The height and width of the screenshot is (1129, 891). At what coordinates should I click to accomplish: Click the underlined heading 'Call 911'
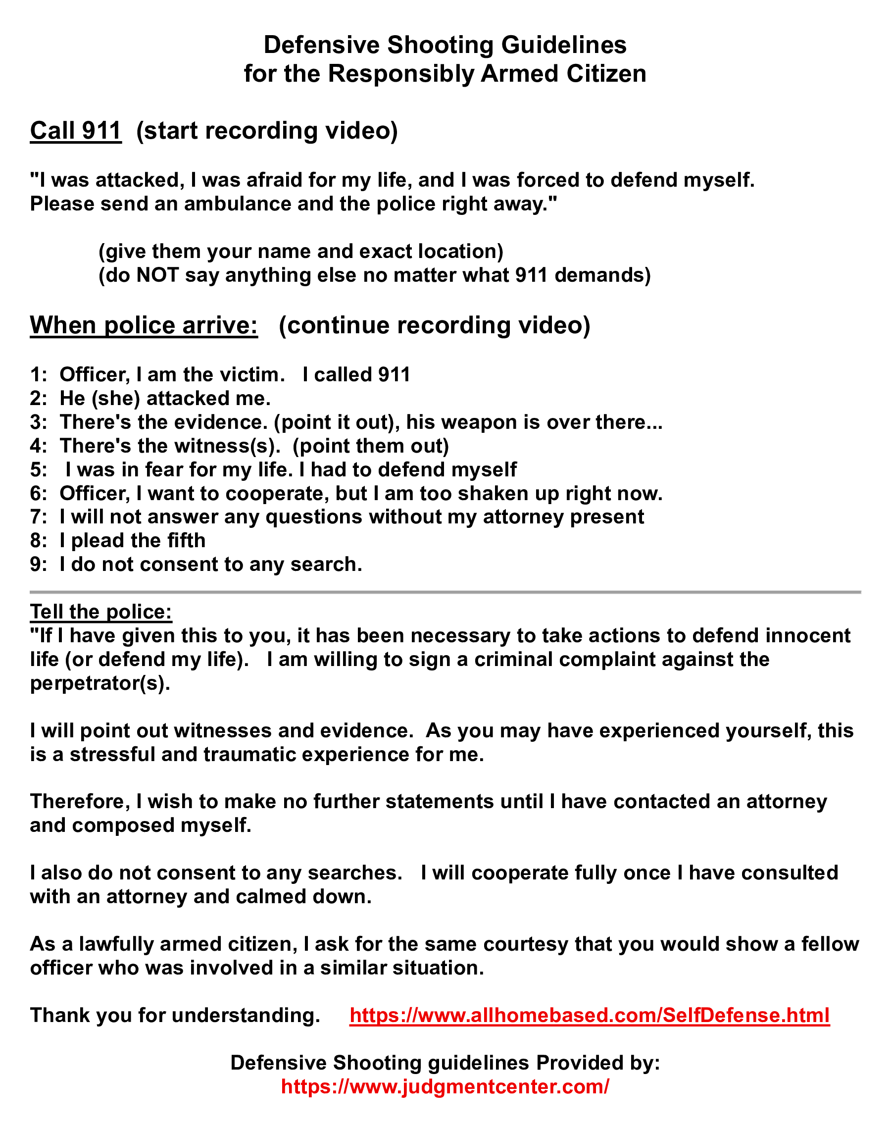pos(76,131)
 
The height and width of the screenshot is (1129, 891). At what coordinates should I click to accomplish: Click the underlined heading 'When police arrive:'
pos(144,325)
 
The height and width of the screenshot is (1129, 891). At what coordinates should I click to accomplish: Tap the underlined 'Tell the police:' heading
pos(100,612)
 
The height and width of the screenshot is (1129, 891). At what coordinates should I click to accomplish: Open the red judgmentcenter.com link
pos(445,1087)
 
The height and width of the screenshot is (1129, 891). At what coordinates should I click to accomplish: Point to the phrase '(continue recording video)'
pos(435,325)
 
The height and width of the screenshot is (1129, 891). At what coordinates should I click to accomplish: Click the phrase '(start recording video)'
pos(267,131)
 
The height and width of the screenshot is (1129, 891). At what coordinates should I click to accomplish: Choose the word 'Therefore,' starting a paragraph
pos(80,802)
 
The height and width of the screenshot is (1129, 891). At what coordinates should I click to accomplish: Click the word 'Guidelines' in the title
pos(564,46)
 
